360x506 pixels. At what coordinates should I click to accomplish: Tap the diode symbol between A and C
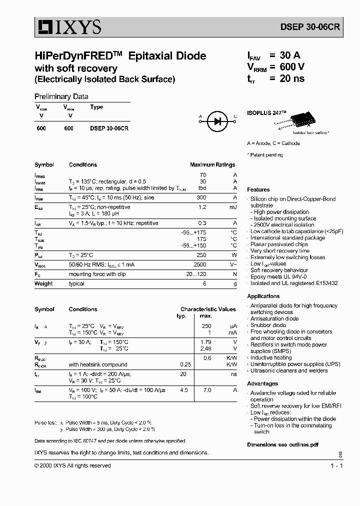click(217, 120)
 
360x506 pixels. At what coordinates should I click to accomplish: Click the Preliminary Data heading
click(61, 96)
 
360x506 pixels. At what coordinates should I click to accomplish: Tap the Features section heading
click(258, 189)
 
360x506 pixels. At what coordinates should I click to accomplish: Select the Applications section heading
click(263, 296)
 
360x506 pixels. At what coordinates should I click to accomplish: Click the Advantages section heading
click(262, 383)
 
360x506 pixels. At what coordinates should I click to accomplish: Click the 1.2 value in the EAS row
click(202, 206)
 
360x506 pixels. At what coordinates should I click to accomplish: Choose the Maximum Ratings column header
click(212, 164)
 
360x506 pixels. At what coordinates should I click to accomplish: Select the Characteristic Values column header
click(208, 309)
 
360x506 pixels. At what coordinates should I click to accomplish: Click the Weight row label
click(43, 283)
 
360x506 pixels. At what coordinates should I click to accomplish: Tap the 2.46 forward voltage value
click(205, 348)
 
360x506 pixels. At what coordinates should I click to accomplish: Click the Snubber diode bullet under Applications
click(268, 325)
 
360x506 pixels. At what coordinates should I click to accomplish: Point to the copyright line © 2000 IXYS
click(72, 465)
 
